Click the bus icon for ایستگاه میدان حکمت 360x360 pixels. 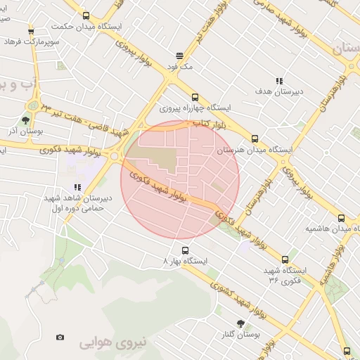tap(86, 15)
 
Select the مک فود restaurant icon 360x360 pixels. tap(179, 55)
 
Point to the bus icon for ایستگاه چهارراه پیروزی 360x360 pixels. tap(195, 98)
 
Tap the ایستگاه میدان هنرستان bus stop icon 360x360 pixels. tap(255, 139)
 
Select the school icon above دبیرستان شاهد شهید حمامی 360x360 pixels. tap(77, 187)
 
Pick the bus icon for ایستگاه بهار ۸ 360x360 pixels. tap(185, 250)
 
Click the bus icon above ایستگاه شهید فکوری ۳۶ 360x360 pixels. tap(285, 259)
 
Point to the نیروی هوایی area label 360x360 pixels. tap(113, 342)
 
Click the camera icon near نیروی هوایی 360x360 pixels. tap(60, 337)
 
